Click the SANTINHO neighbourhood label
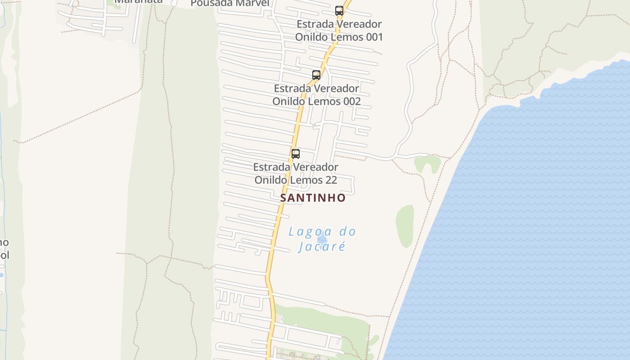pyautogui.click(x=313, y=198)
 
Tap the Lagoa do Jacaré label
pyautogui.click(x=322, y=239)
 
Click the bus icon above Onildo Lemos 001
pyautogui.click(x=339, y=11)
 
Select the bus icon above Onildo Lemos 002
pyautogui.click(x=316, y=75)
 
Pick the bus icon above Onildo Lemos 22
pyautogui.click(x=296, y=154)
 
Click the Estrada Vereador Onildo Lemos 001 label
pyautogui.click(x=339, y=31)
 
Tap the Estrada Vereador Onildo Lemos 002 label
pyautogui.click(x=316, y=95)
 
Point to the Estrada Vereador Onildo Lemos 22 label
pyautogui.click(x=296, y=174)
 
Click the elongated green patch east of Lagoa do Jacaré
pyautogui.click(x=405, y=226)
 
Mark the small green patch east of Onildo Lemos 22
pyautogui.click(x=427, y=163)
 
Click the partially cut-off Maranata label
pyautogui.click(x=138, y=2)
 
